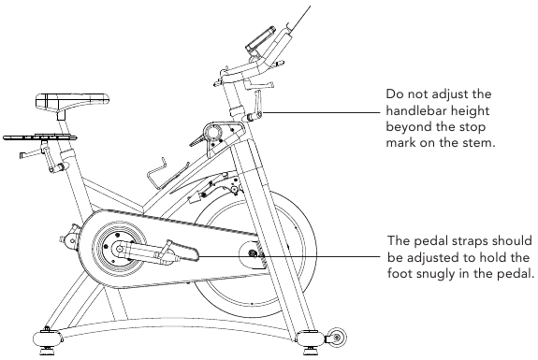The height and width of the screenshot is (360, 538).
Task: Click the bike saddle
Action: tap(72, 100)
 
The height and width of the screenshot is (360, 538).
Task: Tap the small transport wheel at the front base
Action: tap(337, 338)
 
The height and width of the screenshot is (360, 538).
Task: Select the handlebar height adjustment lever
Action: tap(254, 107)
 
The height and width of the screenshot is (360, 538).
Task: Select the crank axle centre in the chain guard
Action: tap(119, 248)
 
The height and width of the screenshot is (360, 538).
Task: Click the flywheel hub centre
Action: tap(254, 253)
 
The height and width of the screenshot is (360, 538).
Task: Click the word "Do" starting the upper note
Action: tap(393, 94)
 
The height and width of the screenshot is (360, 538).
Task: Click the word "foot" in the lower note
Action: tap(400, 274)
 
